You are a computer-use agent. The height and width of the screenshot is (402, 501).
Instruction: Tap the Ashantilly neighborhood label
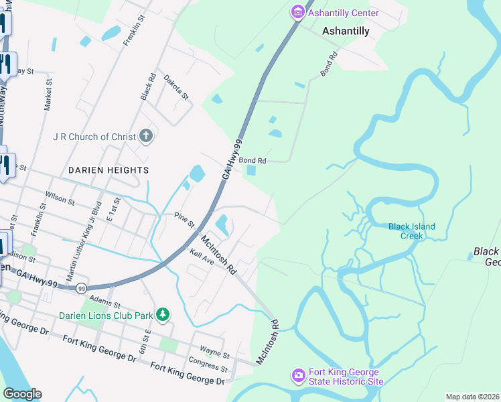[346, 31]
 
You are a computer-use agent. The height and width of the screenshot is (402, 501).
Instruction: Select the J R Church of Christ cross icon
[147, 137]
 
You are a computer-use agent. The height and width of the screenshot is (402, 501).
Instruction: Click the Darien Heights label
[108, 170]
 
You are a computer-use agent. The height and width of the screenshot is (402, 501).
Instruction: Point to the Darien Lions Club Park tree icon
[162, 314]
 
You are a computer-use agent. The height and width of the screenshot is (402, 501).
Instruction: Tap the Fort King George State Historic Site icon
[298, 376]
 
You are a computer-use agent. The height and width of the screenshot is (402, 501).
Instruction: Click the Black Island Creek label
[411, 231]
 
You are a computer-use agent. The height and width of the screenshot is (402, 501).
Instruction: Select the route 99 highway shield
[81, 288]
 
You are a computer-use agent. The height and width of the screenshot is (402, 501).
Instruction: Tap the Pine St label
[184, 219]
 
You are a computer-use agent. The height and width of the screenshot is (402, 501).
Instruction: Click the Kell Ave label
[201, 257]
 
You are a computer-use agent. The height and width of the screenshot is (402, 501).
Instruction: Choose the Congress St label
[208, 366]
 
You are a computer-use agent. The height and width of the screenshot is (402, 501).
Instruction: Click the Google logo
[22, 394]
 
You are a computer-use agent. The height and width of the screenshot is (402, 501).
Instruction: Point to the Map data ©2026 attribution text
[472, 397]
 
